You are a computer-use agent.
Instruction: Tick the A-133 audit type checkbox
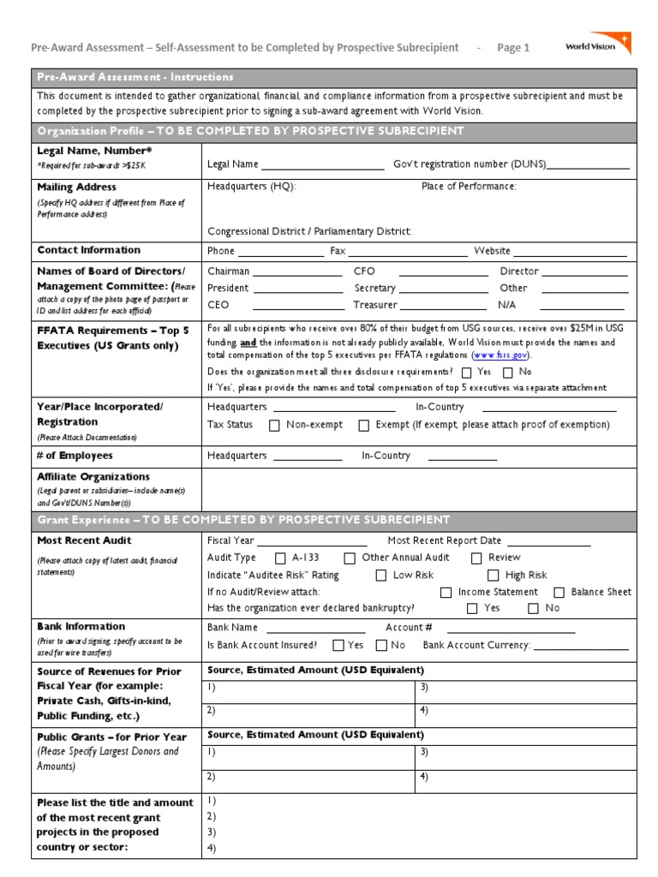[280, 558]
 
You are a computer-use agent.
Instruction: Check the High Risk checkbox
[493, 576]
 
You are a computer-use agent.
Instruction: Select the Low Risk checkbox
[380, 576]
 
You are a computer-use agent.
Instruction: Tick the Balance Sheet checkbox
[559, 593]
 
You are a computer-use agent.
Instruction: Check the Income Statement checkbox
[446, 593]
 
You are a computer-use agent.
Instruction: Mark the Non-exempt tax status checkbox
[274, 426]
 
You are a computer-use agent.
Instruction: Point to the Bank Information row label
[81, 627]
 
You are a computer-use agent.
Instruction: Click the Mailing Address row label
[77, 187]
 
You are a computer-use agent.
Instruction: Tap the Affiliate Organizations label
[93, 477]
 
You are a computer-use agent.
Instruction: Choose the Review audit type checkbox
[477, 558]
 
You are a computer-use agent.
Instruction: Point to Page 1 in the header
[513, 48]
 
